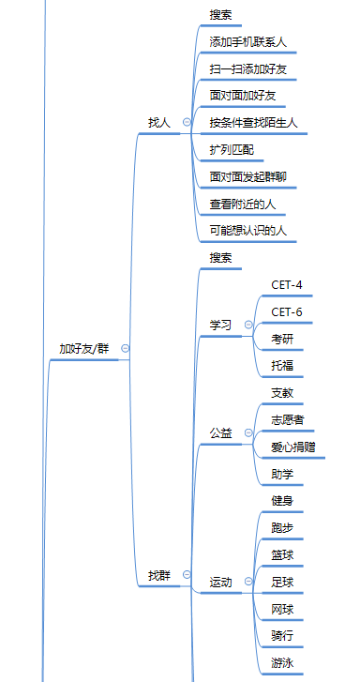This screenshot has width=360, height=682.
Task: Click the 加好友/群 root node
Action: pyautogui.click(x=84, y=348)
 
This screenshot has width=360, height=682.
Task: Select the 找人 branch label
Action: pyautogui.click(x=159, y=122)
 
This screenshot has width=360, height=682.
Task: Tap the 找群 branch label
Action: pyautogui.click(x=159, y=574)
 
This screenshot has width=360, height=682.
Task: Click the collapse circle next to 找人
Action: pyautogui.click(x=186, y=122)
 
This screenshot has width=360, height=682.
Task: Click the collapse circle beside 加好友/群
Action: pyautogui.click(x=126, y=348)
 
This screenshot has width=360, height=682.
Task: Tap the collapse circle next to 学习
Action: pyautogui.click(x=247, y=325)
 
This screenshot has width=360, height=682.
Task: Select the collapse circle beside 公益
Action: pyautogui.click(x=247, y=433)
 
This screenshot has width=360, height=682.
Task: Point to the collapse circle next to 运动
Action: pyautogui.click(x=247, y=583)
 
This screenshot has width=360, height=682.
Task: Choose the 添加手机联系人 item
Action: pyautogui.click(x=248, y=42)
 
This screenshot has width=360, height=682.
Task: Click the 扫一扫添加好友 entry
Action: pyautogui.click(x=248, y=68)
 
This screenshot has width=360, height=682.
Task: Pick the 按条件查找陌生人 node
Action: pyautogui.click(x=253, y=122)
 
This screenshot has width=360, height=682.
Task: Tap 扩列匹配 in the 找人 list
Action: pyautogui.click(x=232, y=149)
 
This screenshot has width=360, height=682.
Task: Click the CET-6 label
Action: pyautogui.click(x=287, y=311)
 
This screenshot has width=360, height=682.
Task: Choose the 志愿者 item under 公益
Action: pyautogui.click(x=287, y=419)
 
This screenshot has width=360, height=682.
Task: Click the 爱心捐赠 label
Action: pyautogui.click(x=293, y=447)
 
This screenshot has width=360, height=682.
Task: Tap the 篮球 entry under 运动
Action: pyautogui.click(x=282, y=555)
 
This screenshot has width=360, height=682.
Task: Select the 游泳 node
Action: pyautogui.click(x=282, y=663)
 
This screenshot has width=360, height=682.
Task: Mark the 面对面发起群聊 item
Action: pyautogui.click(x=248, y=176)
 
